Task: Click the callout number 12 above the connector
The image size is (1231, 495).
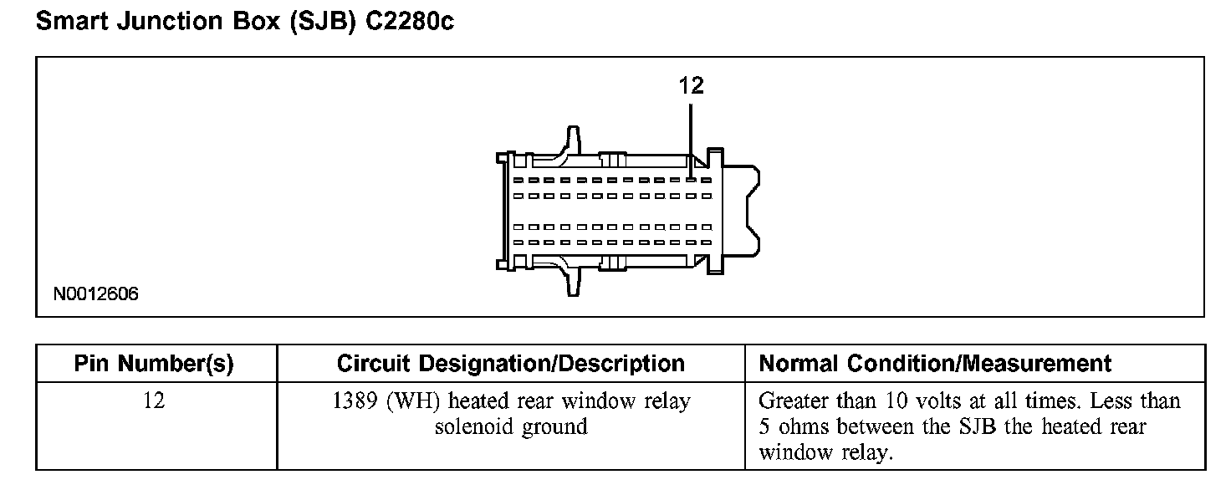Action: click(691, 85)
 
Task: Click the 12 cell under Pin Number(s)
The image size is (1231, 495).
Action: click(154, 401)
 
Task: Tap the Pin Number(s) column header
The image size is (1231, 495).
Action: click(154, 364)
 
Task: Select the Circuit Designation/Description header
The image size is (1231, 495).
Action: click(510, 364)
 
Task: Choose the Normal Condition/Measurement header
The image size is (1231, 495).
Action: click(935, 364)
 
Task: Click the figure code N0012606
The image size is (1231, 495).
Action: click(96, 294)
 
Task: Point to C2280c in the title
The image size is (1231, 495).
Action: click(411, 23)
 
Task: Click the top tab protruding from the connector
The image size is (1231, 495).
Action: click(573, 140)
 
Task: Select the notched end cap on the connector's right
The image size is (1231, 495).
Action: click(741, 210)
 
